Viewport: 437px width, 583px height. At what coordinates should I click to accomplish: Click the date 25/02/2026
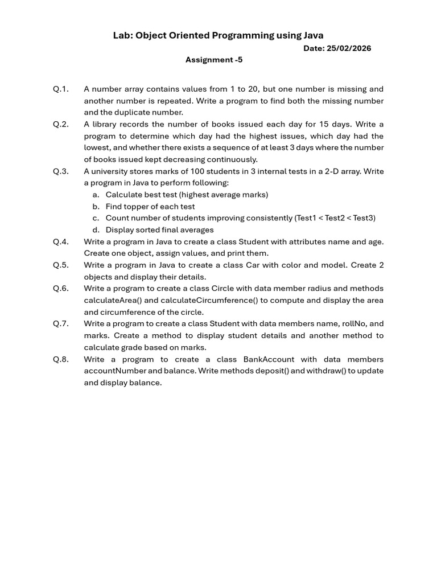coord(349,48)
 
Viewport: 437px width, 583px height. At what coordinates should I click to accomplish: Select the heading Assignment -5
coord(214,60)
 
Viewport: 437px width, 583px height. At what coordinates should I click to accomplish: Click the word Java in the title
coord(312,35)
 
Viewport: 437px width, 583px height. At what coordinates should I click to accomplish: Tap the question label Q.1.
coord(61,89)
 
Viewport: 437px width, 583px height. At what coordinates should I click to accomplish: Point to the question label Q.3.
coord(61,171)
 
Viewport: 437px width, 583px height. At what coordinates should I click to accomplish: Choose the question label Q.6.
coord(61,289)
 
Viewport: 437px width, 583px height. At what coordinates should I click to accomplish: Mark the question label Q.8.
coord(61,359)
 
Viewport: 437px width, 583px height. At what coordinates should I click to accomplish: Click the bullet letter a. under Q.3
coord(96,195)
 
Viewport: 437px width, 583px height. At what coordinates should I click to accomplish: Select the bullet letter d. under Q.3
coord(96,230)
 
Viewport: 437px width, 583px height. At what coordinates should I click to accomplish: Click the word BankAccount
coord(269,359)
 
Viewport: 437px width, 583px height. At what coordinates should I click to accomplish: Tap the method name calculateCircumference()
coord(208,301)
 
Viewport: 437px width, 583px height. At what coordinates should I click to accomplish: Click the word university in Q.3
coord(111,171)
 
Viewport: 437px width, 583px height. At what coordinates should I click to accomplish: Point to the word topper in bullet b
coord(137,207)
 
